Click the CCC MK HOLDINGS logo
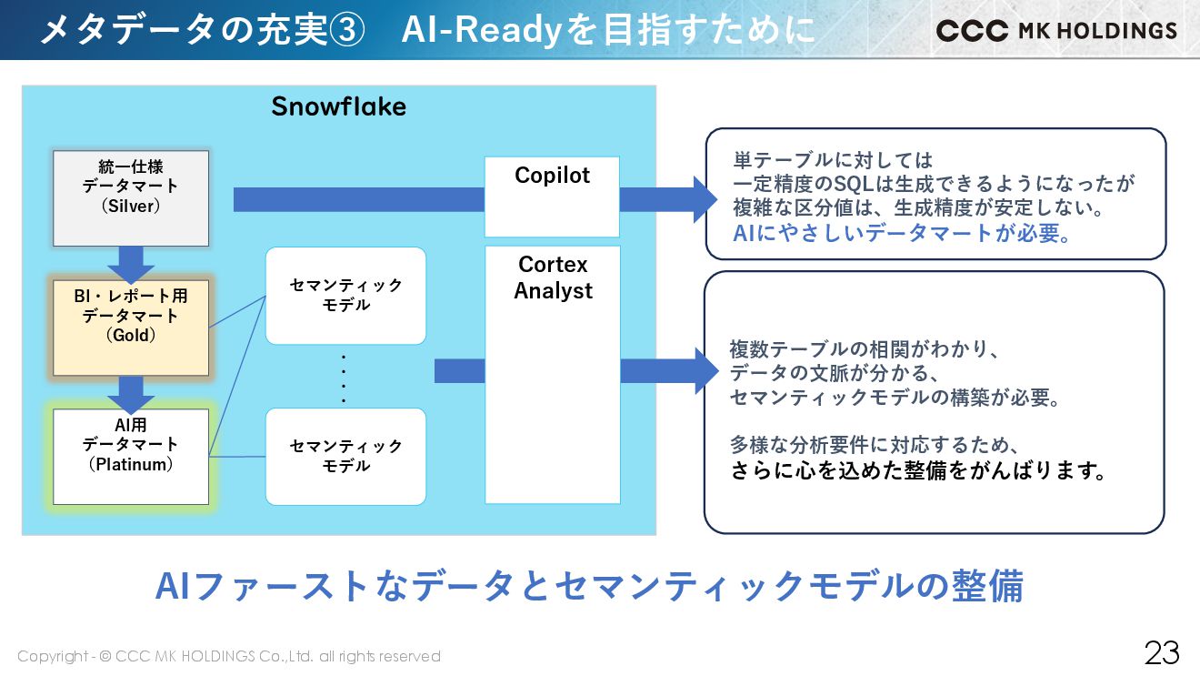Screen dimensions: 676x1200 pos(1055,30)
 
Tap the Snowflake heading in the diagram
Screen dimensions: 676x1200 pos(338,106)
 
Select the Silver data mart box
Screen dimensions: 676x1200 pos(131,198)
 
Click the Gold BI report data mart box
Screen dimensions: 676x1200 pos(131,328)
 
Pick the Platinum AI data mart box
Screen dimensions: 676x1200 pos(131,456)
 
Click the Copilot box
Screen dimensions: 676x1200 pos(552,197)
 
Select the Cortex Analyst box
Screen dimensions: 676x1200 pos(552,374)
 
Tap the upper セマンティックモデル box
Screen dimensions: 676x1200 pos(345,296)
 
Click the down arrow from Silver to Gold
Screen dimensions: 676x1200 pos(131,264)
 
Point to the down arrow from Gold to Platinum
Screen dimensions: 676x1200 pos(131,393)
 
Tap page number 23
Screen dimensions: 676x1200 pos(1161,652)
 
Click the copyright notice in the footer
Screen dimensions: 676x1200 pos(228,656)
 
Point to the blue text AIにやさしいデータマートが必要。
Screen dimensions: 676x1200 pos(902,233)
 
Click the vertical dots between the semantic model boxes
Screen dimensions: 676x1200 pos(344,378)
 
